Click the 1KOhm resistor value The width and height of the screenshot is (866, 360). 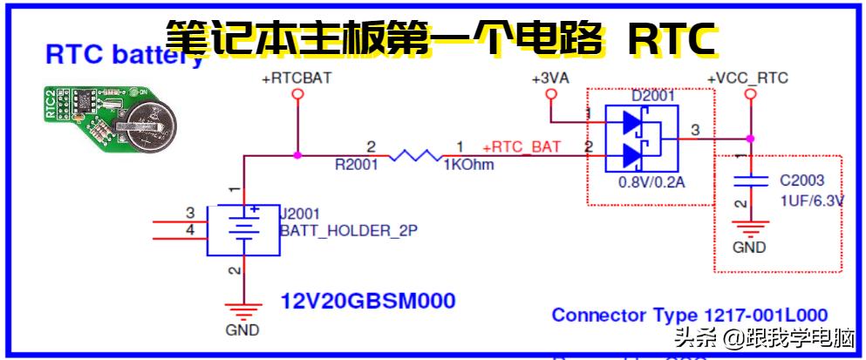(x=469, y=165)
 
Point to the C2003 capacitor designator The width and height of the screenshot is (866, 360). (x=801, y=181)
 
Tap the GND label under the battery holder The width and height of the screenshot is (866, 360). (x=243, y=330)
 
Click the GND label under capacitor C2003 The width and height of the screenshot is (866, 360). (x=748, y=247)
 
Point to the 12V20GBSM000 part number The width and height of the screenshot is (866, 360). (x=367, y=302)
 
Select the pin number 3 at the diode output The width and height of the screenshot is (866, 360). (x=694, y=131)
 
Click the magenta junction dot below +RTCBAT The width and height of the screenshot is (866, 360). (x=297, y=156)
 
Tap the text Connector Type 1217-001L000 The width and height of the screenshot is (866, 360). (x=690, y=315)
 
